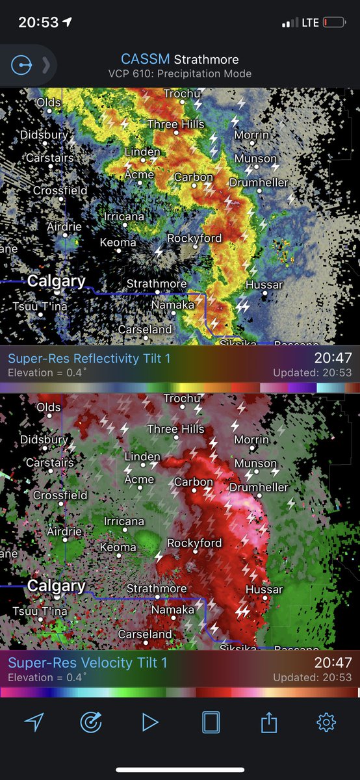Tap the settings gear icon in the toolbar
pyautogui.click(x=326, y=721)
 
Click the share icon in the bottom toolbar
pyautogui.click(x=269, y=721)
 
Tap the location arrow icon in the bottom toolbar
pyautogui.click(x=34, y=721)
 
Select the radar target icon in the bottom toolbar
pyautogui.click(x=91, y=721)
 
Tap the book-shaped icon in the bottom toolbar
pyautogui.click(x=211, y=721)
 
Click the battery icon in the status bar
pyautogui.click(x=334, y=23)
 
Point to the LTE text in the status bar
pyautogui.click(x=310, y=23)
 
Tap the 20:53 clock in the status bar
pyautogui.click(x=38, y=22)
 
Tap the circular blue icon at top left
pyautogui.click(x=21, y=65)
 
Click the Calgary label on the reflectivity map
pyautogui.click(x=56, y=281)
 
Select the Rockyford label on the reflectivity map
pyautogui.click(x=194, y=239)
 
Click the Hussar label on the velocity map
pyautogui.click(x=264, y=590)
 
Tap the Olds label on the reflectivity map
pyautogui.click(x=49, y=103)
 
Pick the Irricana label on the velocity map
pyautogui.click(x=124, y=521)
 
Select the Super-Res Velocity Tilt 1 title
pyautogui.click(x=88, y=663)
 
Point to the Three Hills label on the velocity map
pyautogui.click(x=175, y=429)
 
